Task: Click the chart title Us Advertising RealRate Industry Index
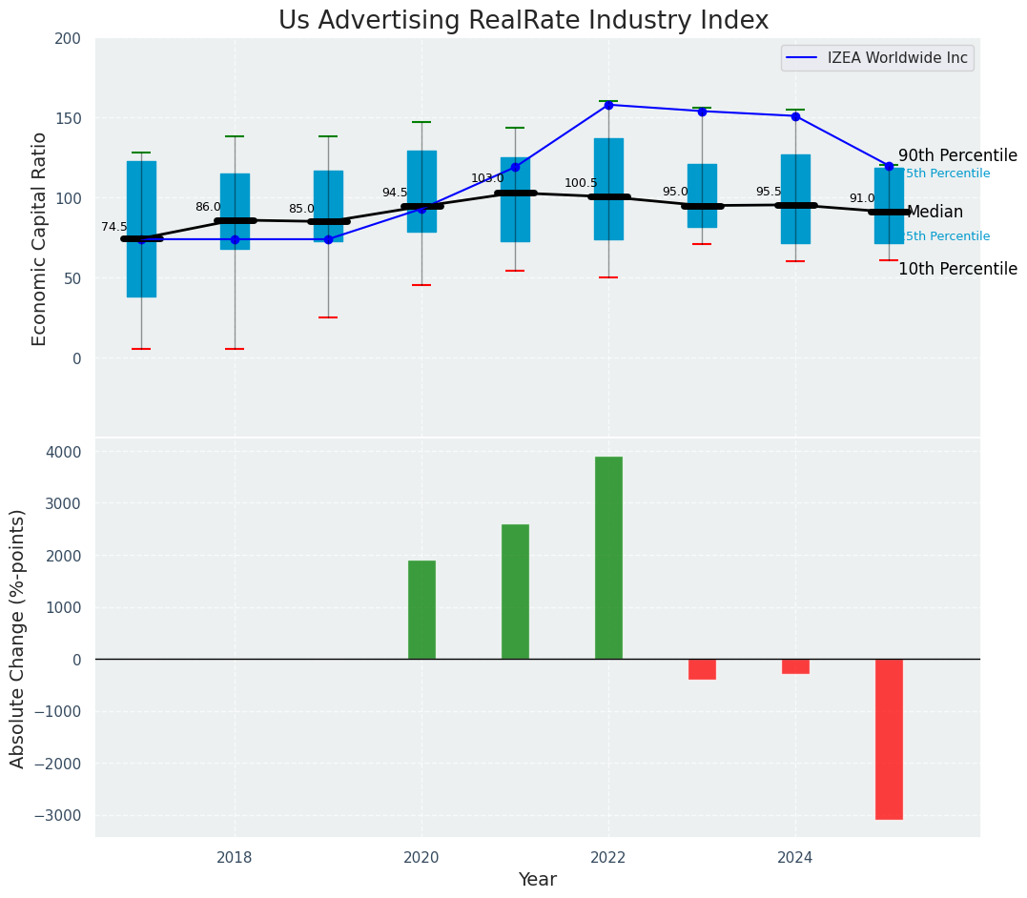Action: tap(523, 21)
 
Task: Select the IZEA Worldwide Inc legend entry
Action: tap(877, 58)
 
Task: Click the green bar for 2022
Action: tap(608, 558)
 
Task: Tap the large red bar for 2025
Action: tap(889, 739)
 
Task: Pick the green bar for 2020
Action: tap(421, 610)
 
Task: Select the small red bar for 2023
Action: tap(702, 669)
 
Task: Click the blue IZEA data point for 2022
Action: tap(608, 105)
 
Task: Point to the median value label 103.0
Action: tap(487, 178)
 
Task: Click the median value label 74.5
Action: tap(114, 227)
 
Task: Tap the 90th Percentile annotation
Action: tap(957, 155)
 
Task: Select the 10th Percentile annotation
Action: tap(957, 269)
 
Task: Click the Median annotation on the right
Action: tap(935, 213)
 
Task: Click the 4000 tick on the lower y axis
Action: tap(63, 452)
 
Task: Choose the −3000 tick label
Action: tap(59, 815)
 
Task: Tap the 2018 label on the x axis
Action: tap(235, 857)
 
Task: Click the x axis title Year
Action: tap(537, 880)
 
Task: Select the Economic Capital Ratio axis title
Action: tap(40, 238)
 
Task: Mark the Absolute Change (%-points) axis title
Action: tap(18, 638)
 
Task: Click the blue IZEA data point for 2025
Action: tap(889, 166)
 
